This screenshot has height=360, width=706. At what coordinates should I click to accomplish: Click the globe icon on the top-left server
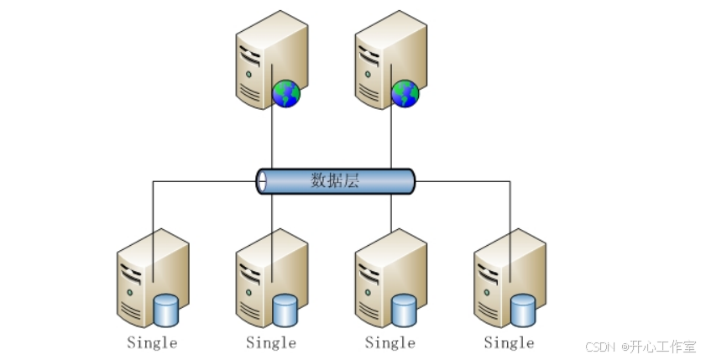[285, 93]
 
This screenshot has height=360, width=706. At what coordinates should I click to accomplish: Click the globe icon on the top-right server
[405, 93]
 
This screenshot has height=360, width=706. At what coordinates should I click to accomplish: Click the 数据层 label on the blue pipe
[335, 181]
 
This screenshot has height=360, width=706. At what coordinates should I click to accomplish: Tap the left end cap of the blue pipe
[262, 181]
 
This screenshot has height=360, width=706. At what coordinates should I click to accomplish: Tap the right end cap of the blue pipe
[411, 181]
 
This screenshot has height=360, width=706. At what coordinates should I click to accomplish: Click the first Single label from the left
[152, 342]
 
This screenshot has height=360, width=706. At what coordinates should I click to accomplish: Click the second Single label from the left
[271, 342]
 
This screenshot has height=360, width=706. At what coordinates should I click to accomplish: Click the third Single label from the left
[390, 342]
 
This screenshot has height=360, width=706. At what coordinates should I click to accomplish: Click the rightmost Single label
[510, 342]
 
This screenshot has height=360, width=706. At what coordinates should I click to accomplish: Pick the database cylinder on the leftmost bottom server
[166, 310]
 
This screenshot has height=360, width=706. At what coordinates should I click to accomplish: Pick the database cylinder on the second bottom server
[285, 310]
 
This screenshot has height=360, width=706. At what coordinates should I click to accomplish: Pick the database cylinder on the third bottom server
[405, 310]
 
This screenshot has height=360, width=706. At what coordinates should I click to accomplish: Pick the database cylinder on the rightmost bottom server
[524, 310]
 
